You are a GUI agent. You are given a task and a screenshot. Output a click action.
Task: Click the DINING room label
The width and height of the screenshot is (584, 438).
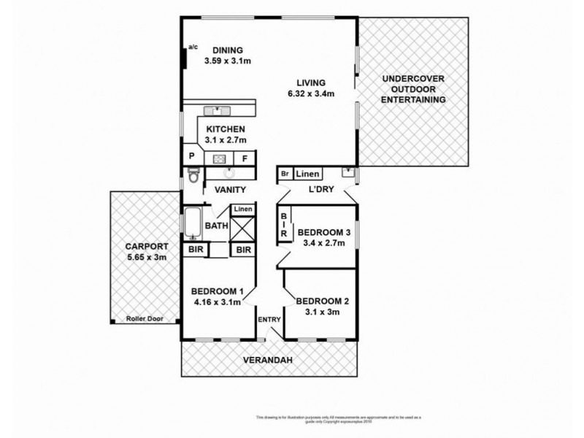[227, 50]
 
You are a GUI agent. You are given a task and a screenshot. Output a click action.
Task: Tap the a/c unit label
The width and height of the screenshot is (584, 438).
[193, 47]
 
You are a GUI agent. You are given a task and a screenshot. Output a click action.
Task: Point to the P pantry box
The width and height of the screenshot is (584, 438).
[192, 156]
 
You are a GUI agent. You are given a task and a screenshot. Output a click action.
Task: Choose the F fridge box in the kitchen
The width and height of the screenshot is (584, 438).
[245, 157]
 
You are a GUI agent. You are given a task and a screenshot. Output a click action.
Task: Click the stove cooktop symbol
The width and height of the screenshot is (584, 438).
[218, 157]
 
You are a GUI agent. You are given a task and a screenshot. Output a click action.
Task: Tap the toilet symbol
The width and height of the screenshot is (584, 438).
[193, 175]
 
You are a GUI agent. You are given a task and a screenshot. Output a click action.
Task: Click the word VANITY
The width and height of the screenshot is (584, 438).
[229, 190]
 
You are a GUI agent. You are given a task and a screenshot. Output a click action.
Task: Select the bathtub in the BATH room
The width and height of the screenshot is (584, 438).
[193, 223]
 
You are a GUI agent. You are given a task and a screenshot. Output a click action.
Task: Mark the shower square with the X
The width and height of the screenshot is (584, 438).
[243, 227]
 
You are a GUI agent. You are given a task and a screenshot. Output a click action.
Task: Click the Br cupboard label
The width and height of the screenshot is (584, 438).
[283, 174]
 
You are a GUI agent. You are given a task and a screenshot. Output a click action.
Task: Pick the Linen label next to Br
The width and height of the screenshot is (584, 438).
[307, 174]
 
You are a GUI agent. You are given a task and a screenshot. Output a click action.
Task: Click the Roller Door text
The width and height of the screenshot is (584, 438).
[143, 319]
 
